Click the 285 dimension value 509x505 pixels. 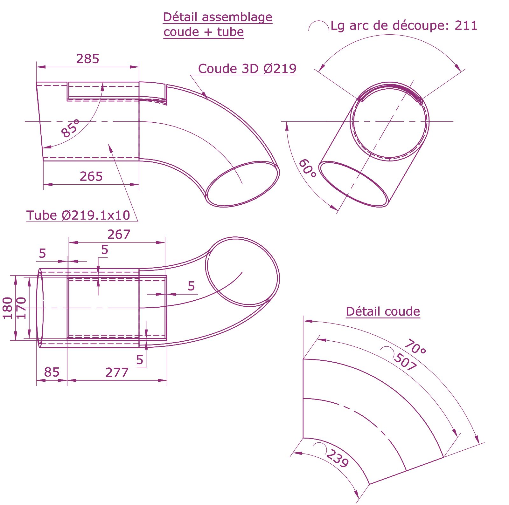[88, 59]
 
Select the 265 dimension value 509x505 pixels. [91, 176]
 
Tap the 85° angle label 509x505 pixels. [70, 128]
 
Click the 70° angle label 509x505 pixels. [415, 347]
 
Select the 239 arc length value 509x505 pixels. [338, 458]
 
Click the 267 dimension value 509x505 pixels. [119, 235]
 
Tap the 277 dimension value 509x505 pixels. [117, 372]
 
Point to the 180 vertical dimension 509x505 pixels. [8, 308]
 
